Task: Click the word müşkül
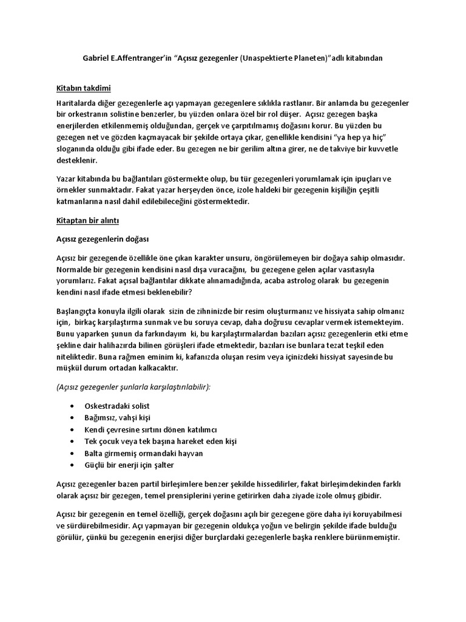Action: [70, 369]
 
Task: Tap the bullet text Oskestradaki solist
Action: [117, 405]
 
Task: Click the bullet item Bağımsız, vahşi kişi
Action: [117, 417]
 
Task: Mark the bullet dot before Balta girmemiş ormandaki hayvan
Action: [73, 454]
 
